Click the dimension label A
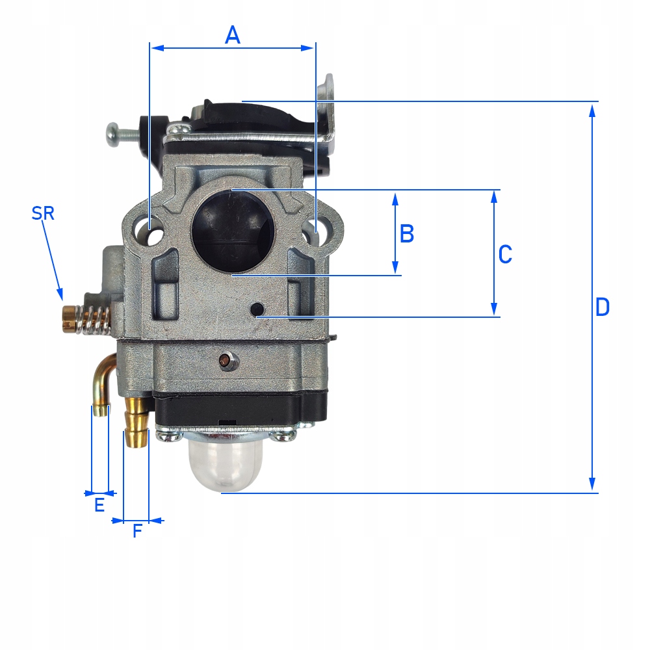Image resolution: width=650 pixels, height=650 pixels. tap(233, 35)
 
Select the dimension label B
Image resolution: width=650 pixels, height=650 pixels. tap(407, 233)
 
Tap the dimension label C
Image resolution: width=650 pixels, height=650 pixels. tap(505, 255)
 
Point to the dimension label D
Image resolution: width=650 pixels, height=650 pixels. tap(603, 307)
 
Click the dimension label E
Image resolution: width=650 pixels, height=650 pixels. tap(99, 505)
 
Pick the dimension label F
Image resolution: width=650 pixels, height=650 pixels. tap(137, 531)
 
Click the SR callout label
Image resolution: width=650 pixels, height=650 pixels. tap(43, 213)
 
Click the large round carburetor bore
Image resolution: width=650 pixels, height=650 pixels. tap(233, 231)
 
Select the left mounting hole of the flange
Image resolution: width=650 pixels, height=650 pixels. tap(153, 232)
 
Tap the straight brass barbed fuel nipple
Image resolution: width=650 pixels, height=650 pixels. tap(136, 422)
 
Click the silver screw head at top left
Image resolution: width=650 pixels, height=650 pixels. tap(112, 133)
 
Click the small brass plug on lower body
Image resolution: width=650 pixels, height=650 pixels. tap(226, 358)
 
